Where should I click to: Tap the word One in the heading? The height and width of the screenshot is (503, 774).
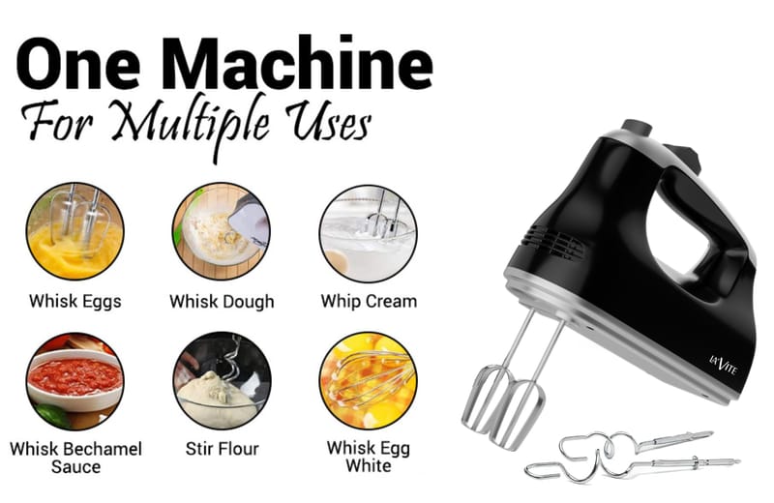click(x=78, y=64)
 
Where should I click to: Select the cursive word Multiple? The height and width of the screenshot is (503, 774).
click(x=193, y=125)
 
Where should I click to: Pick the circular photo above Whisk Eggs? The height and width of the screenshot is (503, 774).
click(x=75, y=231)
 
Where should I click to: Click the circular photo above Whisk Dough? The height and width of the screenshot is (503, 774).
click(x=222, y=231)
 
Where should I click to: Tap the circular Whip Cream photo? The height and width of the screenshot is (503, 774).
click(x=369, y=233)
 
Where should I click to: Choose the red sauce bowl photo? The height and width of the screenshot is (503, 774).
click(x=75, y=380)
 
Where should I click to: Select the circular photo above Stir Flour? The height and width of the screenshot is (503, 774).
click(x=223, y=380)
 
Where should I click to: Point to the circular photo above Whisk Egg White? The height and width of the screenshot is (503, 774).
click(x=369, y=380)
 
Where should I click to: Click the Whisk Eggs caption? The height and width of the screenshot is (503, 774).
click(x=75, y=302)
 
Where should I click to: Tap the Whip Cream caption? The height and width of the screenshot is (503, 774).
click(x=369, y=302)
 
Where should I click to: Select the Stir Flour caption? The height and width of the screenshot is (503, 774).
click(x=223, y=449)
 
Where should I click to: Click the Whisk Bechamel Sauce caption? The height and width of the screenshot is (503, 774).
click(x=75, y=458)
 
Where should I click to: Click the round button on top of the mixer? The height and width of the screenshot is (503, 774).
click(x=637, y=128)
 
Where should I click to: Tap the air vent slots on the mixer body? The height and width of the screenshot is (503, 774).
click(x=553, y=243)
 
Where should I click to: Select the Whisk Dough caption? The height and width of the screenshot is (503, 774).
click(x=222, y=302)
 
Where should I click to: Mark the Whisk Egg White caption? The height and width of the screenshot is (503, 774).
click(x=369, y=457)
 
